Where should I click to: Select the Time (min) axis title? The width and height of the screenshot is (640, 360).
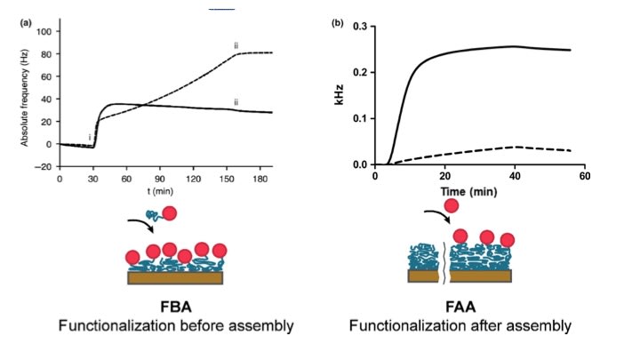tap(464, 190)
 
